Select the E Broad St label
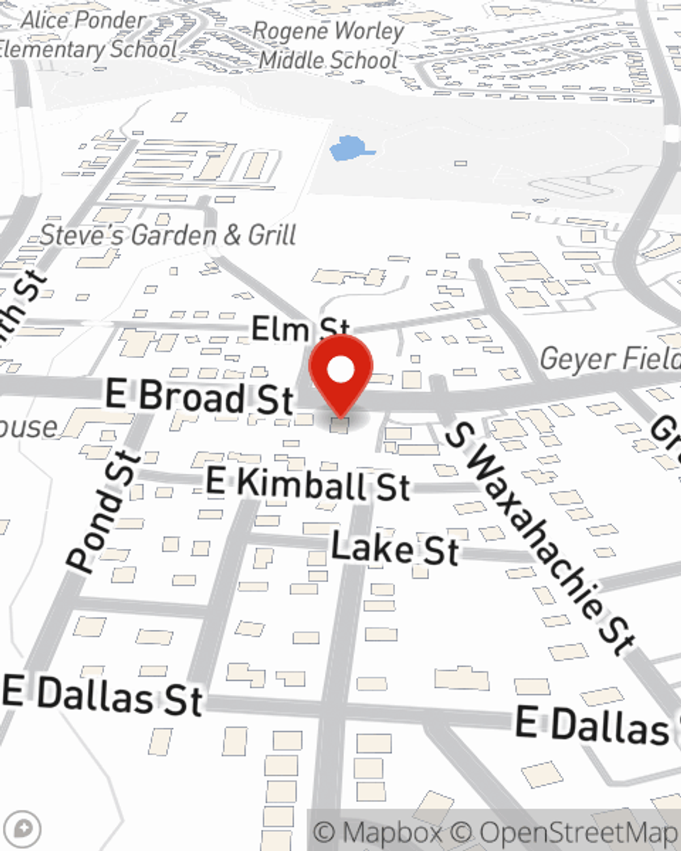point(200,396)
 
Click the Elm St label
point(300,329)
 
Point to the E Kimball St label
point(308,485)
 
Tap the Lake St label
point(395,549)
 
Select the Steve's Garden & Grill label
point(168,236)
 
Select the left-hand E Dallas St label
point(102,694)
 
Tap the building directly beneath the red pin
point(339,426)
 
